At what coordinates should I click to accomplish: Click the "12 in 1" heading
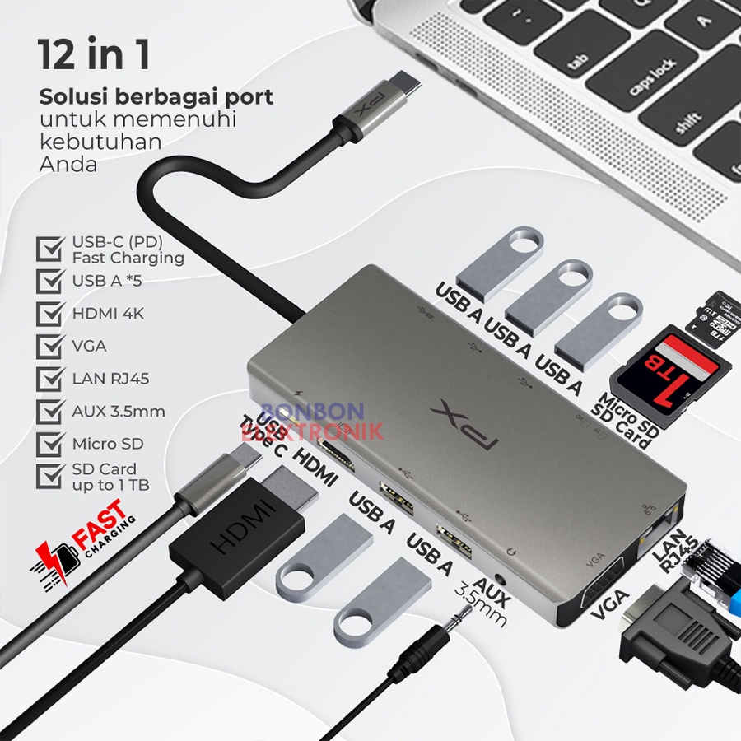[x=94, y=55]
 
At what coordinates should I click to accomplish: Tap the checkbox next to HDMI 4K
[x=52, y=314]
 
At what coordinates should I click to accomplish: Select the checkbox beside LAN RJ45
[x=52, y=379]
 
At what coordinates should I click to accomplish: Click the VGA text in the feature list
[x=89, y=346]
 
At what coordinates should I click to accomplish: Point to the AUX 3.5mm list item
[x=118, y=411]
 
